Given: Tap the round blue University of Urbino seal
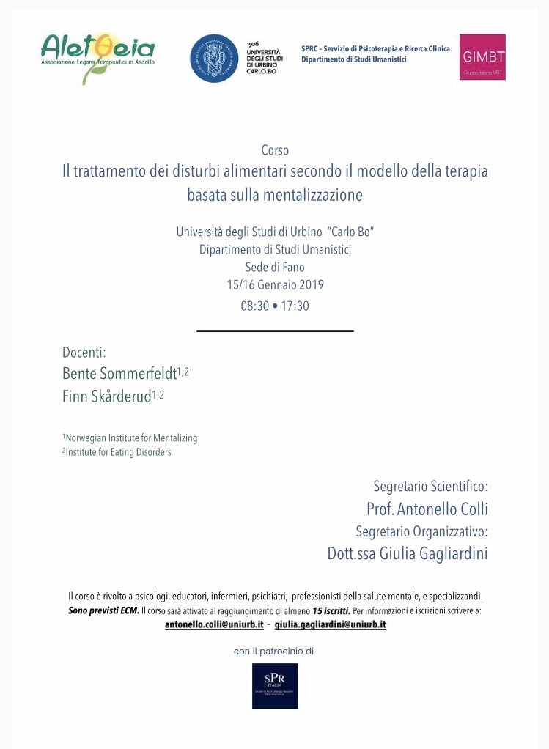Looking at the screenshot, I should pos(215,58).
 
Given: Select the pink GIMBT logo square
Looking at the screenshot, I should pos(482,57).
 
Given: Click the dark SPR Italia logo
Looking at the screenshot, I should pos(275,686).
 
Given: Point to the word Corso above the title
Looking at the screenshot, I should pos(275,150).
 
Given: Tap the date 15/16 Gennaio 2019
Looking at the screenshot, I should pos(275,285).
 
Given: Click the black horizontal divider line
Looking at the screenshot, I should pos(275,331).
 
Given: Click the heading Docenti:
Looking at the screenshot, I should pos(84,353).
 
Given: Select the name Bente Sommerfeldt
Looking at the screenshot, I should pos(119,374).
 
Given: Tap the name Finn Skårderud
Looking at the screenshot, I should pos(106,396).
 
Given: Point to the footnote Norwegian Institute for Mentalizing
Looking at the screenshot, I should pos(131,438).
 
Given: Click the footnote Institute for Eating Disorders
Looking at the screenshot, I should pos(118,452).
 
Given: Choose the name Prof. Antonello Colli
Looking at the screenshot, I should pos(427,509).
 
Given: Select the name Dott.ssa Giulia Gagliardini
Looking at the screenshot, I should pos(408,553).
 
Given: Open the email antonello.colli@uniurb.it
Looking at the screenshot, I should pos(213,624).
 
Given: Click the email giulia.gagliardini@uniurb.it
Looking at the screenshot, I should pos(330,624).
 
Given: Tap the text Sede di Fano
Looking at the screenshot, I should pos(275,267).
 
